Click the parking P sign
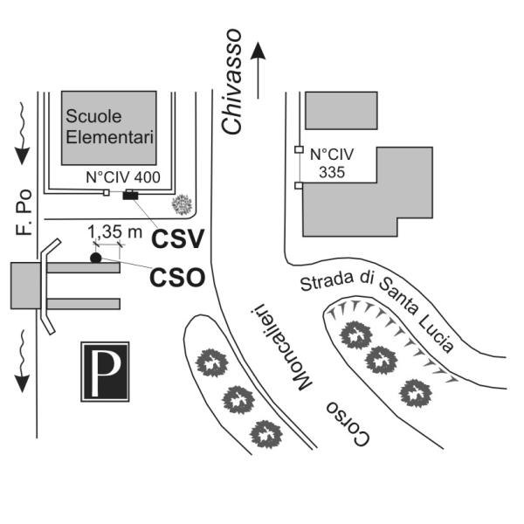105,371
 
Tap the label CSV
177,238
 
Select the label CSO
177,278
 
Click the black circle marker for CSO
95,258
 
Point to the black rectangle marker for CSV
130,195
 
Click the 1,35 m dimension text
114,232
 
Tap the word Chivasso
231,82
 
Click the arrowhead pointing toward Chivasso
258,52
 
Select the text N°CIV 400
123,177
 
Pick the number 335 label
332,172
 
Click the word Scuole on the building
93,116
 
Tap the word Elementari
110,137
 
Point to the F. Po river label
24,212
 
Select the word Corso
348,423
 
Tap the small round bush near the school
182,204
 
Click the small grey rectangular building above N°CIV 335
341,110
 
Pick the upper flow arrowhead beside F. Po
23,155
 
